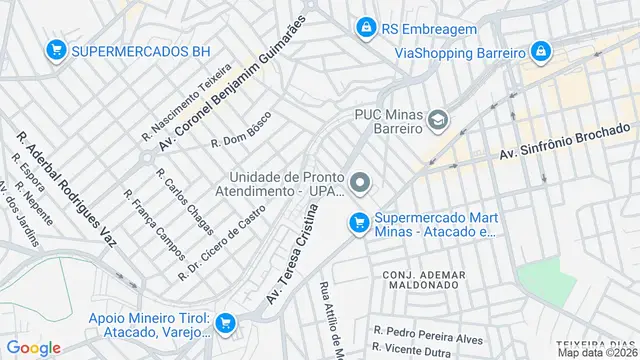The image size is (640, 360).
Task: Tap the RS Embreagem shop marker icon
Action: point(366,27)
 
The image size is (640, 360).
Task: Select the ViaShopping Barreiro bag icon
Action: point(540,51)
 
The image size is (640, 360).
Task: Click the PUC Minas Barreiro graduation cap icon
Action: point(437,121)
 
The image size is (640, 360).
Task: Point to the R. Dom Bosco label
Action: point(241,136)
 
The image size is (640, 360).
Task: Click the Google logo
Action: point(34,347)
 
